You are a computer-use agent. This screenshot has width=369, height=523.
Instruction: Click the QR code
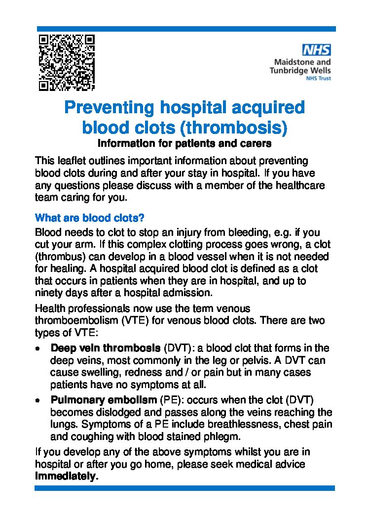(66, 62)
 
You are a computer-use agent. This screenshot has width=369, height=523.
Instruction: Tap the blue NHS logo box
(316, 49)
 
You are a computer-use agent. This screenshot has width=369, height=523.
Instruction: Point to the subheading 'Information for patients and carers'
(184, 144)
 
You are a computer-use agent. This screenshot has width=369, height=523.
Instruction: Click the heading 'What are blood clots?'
(89, 218)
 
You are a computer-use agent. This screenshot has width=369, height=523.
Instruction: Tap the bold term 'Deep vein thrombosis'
(106, 348)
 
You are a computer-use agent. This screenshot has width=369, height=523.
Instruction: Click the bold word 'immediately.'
(67, 477)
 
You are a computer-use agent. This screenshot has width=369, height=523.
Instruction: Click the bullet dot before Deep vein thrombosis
(38, 349)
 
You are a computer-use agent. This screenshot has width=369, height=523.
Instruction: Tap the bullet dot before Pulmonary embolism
(38, 400)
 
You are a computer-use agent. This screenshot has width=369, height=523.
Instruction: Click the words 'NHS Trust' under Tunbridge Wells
(319, 78)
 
